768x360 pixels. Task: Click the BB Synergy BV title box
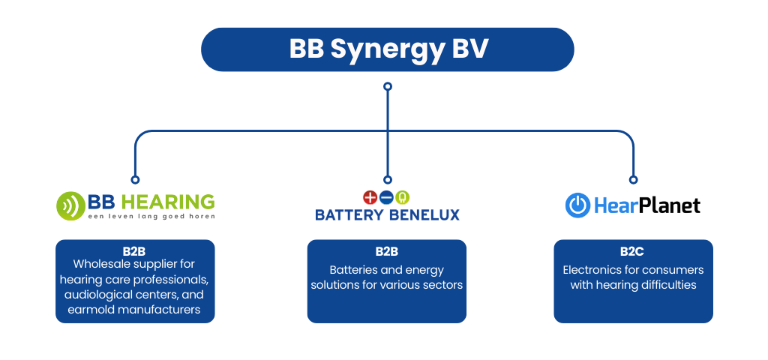(387, 49)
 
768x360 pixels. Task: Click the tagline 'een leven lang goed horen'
(151, 216)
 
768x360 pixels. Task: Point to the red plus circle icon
(370, 197)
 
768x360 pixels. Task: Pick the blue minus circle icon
(386, 197)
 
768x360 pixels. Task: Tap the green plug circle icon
(403, 197)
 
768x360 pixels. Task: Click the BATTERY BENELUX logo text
(387, 214)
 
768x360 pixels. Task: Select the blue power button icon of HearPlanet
(577, 205)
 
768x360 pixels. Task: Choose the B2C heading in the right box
(633, 251)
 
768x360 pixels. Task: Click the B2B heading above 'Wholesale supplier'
(134, 251)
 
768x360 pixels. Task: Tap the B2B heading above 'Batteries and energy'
(386, 251)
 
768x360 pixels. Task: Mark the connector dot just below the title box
(388, 86)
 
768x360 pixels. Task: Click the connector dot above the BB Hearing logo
(135, 180)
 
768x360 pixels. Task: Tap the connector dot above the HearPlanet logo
(633, 180)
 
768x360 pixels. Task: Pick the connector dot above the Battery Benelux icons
(388, 180)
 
